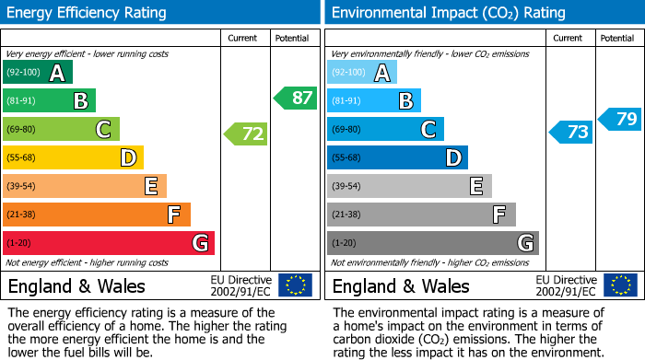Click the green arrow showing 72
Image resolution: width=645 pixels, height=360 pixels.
click(x=246, y=134)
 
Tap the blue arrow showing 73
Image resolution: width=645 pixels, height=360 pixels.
click(x=571, y=132)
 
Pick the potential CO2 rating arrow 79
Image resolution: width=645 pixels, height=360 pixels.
click(x=620, y=119)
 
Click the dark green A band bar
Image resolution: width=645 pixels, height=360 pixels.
click(x=38, y=73)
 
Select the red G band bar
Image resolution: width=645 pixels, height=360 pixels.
click(x=109, y=243)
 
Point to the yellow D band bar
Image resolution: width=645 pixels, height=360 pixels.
click(x=73, y=157)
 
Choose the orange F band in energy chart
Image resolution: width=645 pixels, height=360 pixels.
click(x=97, y=215)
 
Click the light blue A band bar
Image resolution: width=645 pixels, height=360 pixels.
click(x=362, y=73)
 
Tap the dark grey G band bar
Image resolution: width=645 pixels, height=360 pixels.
click(x=432, y=243)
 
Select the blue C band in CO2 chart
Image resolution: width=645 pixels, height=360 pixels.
click(x=385, y=129)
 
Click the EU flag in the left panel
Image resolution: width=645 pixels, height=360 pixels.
click(x=295, y=285)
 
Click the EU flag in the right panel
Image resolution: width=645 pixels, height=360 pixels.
click(x=619, y=285)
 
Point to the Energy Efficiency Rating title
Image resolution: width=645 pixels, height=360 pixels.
click(x=88, y=13)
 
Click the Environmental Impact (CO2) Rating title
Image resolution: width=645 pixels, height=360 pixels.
click(x=448, y=13)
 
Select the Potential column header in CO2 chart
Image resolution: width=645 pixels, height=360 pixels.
click(x=616, y=38)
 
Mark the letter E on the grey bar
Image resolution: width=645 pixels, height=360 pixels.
click(x=476, y=186)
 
